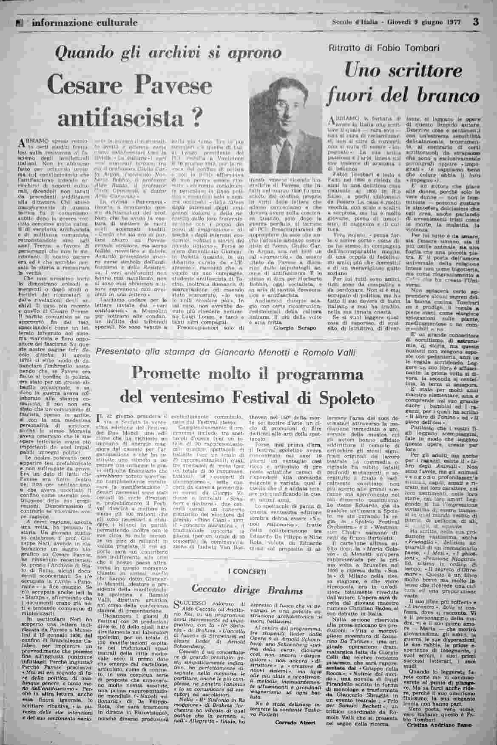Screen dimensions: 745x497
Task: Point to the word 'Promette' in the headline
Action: click(162, 374)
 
